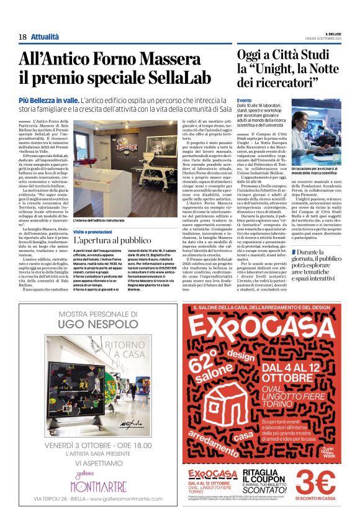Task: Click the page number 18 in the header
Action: pos(22,37)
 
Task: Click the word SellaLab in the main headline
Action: pos(160,79)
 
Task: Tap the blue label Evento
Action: pos(244,100)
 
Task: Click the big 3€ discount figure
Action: pos(315,482)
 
